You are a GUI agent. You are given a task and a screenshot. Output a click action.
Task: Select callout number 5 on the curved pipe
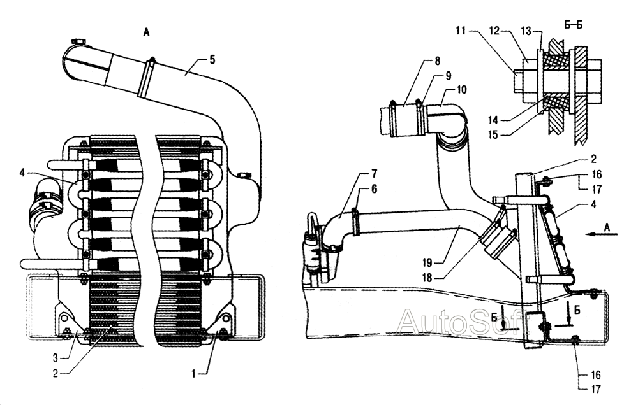(x=212, y=59)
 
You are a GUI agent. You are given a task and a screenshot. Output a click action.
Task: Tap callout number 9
(x=449, y=75)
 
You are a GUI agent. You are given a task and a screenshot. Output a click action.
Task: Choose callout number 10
(x=461, y=90)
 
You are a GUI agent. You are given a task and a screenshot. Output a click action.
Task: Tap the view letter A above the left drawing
(x=146, y=34)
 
